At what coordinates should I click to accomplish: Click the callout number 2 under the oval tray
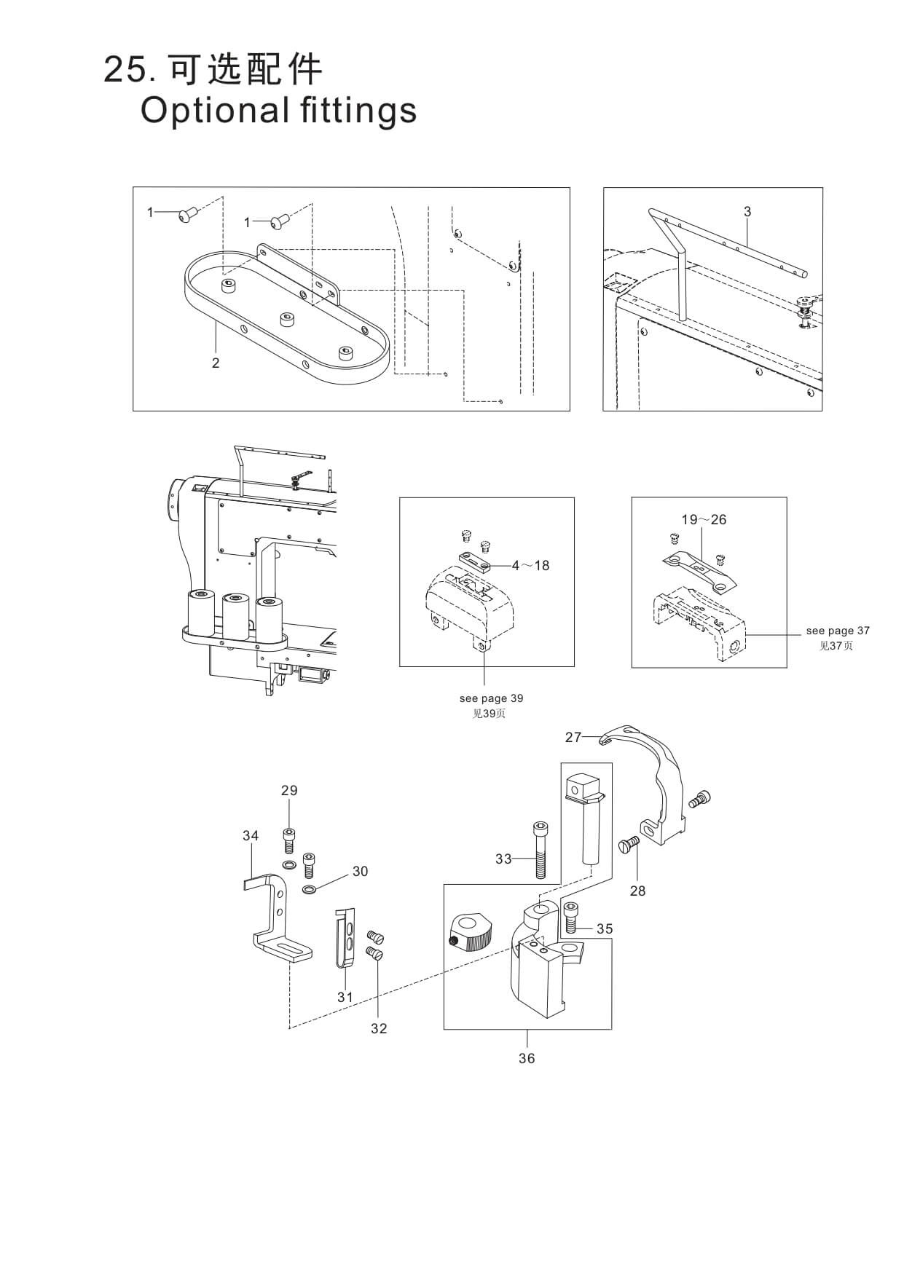coord(216,363)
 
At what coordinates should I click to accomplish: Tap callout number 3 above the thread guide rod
coord(747,212)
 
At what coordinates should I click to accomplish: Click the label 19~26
coord(704,519)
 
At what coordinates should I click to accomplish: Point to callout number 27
coord(573,737)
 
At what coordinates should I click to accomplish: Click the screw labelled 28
coord(628,845)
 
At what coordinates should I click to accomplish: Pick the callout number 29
coord(289,790)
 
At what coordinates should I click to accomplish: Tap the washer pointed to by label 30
coord(309,889)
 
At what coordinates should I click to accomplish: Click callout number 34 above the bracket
coord(251,835)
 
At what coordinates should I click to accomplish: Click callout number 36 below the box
coord(527,1058)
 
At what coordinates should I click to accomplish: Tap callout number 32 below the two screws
coord(379,1028)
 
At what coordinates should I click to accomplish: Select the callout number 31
coord(345,997)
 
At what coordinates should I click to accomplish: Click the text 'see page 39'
coord(491,698)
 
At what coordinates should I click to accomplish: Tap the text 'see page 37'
coord(838,631)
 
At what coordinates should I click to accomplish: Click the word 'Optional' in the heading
coord(213,111)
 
